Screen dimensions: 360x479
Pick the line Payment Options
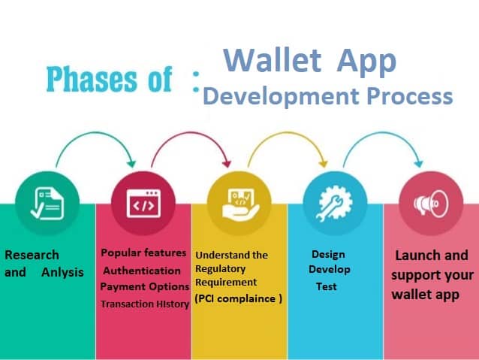click(144, 286)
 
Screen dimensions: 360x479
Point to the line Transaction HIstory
click(144, 304)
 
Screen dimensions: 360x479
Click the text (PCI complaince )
click(238, 298)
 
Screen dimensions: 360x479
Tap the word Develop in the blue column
click(329, 270)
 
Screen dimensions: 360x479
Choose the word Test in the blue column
click(326, 286)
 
